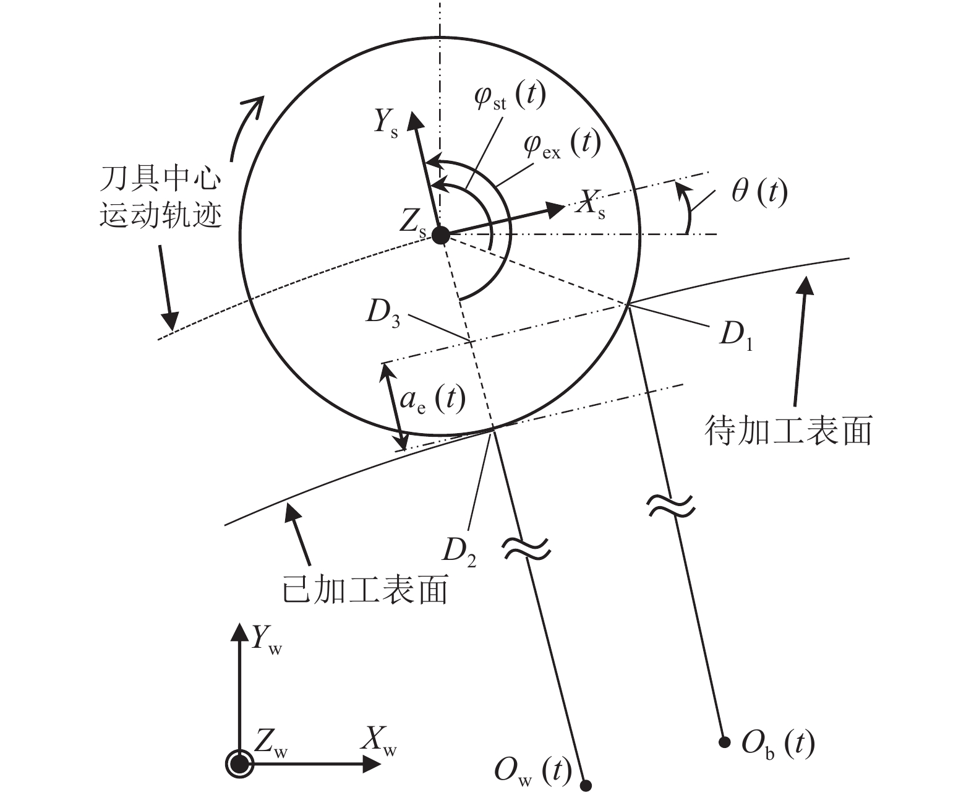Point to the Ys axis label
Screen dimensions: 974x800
click(x=385, y=123)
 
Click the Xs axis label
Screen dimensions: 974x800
click(x=589, y=204)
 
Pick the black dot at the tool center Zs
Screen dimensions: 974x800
click(x=440, y=235)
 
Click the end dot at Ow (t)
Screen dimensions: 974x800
click(x=586, y=786)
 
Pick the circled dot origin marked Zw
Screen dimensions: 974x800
click(x=239, y=764)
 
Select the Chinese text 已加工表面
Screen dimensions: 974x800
click(x=364, y=590)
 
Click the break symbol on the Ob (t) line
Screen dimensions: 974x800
click(x=670, y=505)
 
